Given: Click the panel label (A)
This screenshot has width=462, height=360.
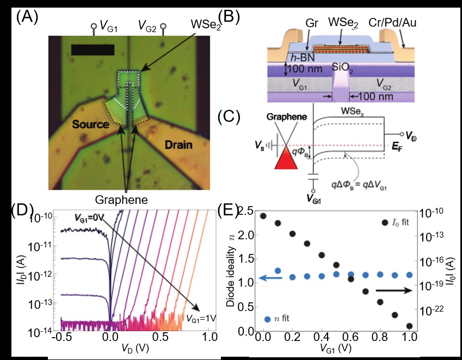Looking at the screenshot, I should (x=27, y=17).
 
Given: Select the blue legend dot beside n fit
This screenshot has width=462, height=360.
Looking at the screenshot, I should (x=267, y=319).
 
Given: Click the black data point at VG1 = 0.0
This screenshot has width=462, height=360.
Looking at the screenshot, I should (x=263, y=216).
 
